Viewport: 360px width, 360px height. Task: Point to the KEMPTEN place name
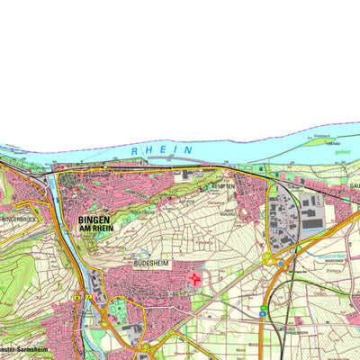(222, 185)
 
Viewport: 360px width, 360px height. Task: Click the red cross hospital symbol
(195, 280)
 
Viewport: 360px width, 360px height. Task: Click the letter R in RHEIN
(135, 151)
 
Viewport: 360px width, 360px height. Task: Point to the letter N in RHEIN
(188, 148)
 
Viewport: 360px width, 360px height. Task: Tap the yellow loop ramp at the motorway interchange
(268, 259)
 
